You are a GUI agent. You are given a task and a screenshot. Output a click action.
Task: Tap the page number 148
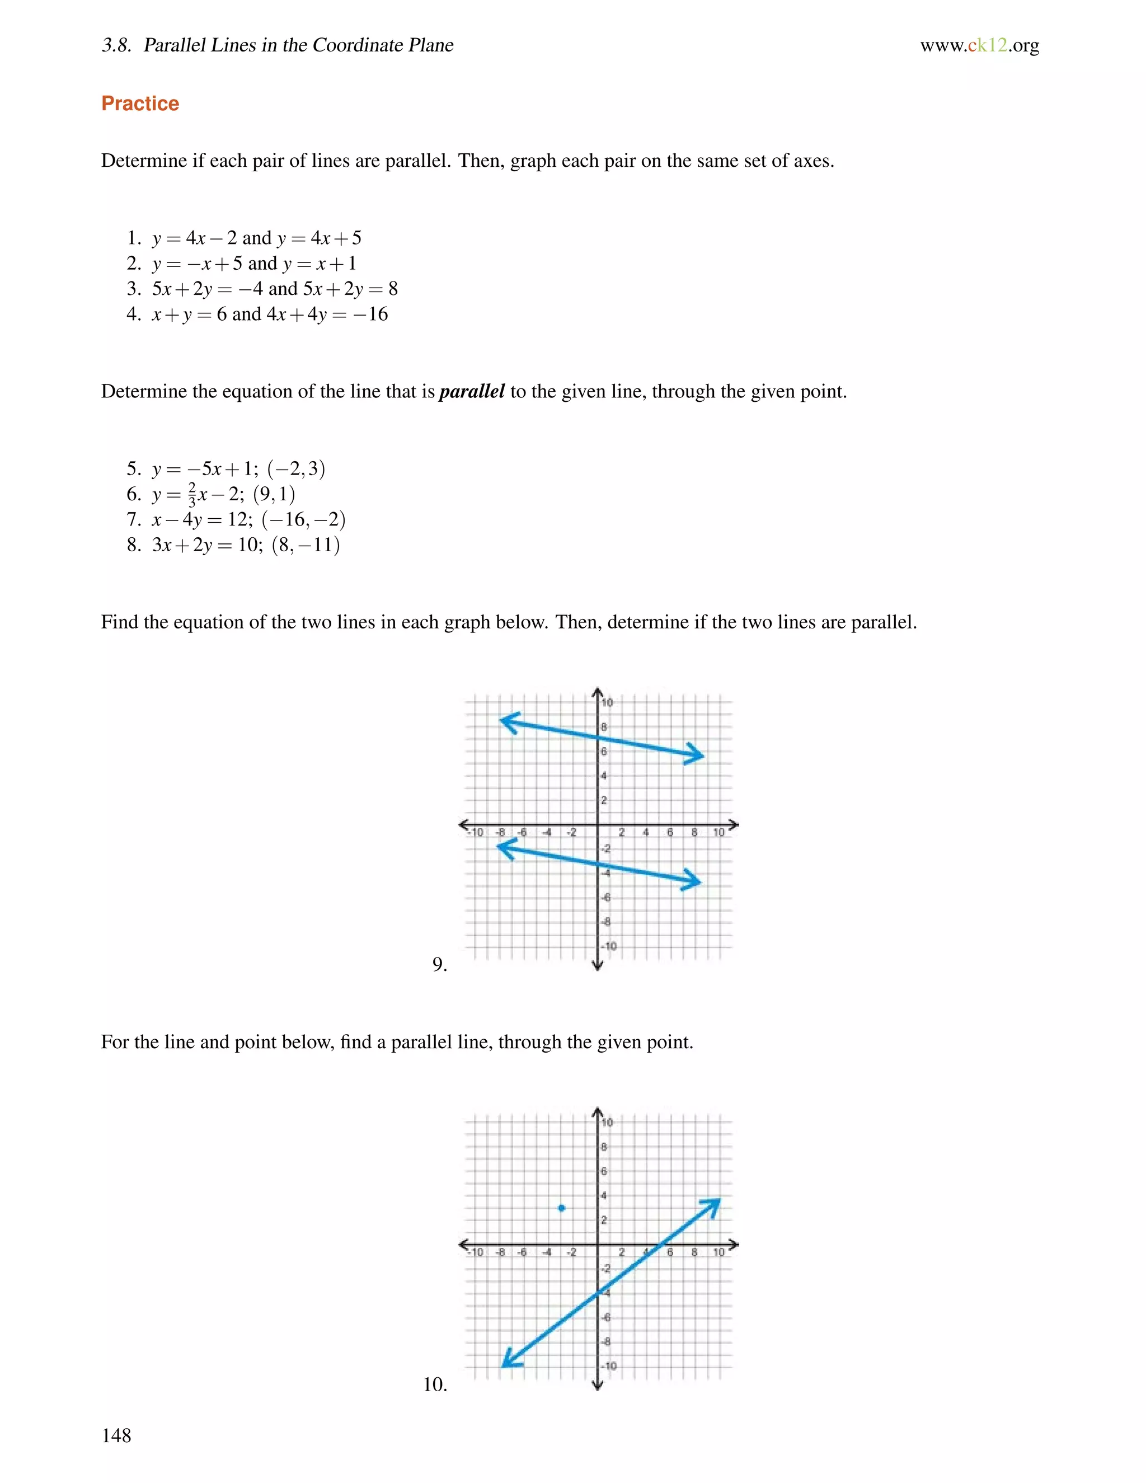tap(116, 1435)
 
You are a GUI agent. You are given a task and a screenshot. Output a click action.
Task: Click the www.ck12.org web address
tap(979, 45)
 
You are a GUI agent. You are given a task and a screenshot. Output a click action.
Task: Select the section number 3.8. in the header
tap(116, 45)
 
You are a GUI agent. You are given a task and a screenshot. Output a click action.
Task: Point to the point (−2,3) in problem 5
tap(296, 468)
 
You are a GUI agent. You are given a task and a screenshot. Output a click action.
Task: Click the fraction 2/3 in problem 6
tap(192, 494)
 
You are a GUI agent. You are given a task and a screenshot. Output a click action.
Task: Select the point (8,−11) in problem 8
tap(306, 545)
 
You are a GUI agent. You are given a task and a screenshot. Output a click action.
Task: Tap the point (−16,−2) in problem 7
tap(303, 519)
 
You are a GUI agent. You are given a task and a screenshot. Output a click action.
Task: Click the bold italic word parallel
tap(472, 391)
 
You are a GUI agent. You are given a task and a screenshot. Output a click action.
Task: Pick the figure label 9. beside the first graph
tap(439, 964)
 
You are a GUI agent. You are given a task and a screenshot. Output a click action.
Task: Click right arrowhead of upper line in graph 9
tap(697, 754)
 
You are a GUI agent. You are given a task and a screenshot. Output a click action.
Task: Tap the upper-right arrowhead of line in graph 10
tap(713, 1205)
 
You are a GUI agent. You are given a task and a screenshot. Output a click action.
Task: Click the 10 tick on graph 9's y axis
tap(607, 703)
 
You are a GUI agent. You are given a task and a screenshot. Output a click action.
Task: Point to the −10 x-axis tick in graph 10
tap(477, 1252)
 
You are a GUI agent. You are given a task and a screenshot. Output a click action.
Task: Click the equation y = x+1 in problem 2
tap(319, 264)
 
